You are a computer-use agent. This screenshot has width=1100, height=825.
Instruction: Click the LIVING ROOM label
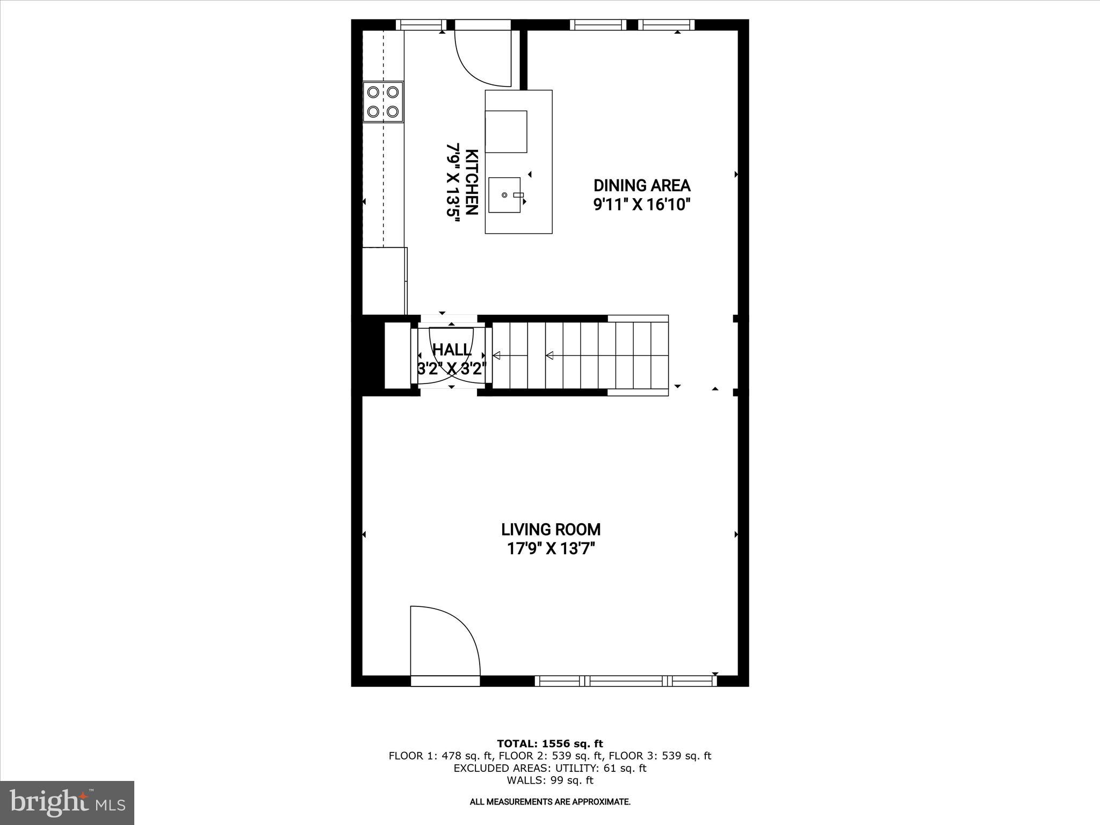(551, 530)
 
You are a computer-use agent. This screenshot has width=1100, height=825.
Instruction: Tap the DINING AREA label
(641, 186)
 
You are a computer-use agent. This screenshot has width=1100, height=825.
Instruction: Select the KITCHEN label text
(471, 182)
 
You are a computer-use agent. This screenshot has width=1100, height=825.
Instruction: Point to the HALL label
(452, 350)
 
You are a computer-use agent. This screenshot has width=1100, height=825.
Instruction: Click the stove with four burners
(383, 102)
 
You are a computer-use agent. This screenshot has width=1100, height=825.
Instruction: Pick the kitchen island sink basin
(504, 195)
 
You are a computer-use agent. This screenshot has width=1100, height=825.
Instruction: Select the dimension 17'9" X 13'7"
(551, 549)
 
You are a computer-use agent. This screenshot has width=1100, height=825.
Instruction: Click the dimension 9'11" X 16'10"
(641, 205)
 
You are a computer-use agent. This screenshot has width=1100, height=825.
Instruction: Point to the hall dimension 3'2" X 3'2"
(452, 369)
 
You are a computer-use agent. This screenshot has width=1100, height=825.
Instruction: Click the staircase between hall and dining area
(580, 355)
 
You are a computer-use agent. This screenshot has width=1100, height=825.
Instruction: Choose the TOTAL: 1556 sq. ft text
(549, 743)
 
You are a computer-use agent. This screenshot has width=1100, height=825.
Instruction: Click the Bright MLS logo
(67, 803)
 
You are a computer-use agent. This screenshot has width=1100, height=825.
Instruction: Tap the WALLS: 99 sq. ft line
(549, 780)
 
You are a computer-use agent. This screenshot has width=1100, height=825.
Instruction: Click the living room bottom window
(626, 681)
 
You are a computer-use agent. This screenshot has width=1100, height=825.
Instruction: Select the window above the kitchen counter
(422, 25)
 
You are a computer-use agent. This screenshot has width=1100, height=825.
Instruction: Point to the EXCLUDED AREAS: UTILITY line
(549, 768)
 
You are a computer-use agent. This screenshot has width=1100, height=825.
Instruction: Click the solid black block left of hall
(368, 355)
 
